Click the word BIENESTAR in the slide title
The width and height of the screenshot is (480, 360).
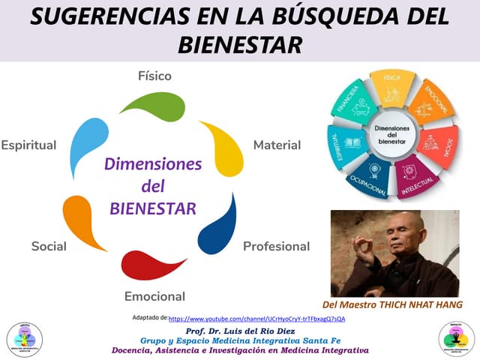pos(239,44)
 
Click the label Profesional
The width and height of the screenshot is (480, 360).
pos(276,246)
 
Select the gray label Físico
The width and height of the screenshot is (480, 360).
pos(154,76)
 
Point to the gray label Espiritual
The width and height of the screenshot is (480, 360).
pos(29,145)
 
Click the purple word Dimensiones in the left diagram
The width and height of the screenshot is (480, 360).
pos(153,163)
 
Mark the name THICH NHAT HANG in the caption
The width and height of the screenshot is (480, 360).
pos(420,304)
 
